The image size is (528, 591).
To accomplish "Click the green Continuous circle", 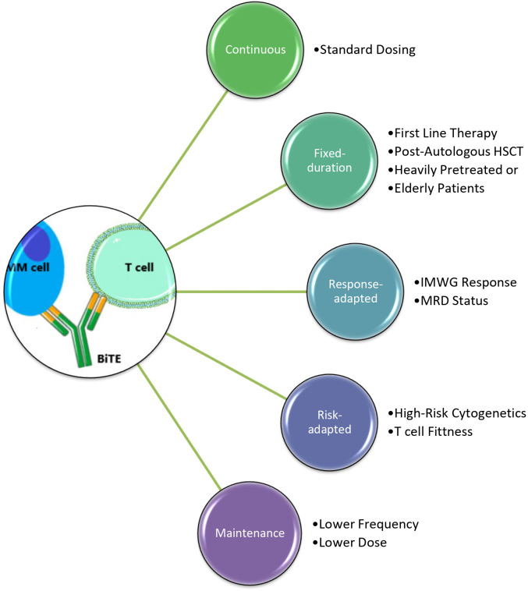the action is (x=255, y=50).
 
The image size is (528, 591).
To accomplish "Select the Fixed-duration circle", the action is (x=329, y=161).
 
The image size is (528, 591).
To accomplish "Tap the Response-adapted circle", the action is (x=356, y=292).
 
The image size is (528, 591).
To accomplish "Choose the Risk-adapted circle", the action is (x=329, y=422).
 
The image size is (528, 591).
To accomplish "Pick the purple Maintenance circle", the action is (x=250, y=533).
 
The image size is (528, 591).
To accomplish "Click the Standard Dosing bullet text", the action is (x=365, y=50).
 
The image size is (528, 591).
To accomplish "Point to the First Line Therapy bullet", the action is (x=443, y=133).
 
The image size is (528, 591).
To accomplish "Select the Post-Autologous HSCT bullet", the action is (x=455, y=151).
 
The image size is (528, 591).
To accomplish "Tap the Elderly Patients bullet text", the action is (x=436, y=188).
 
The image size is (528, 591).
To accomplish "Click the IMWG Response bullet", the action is (x=466, y=282).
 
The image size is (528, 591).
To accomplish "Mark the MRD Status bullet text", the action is (x=451, y=301).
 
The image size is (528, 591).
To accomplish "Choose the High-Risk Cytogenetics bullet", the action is (x=457, y=413).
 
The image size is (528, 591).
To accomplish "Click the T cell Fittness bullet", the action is (x=431, y=432).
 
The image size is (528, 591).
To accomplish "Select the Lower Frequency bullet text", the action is (x=366, y=524).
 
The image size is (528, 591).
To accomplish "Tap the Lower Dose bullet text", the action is (x=349, y=543).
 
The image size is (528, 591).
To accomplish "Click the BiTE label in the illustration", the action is (x=109, y=359).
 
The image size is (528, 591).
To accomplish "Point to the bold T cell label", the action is (x=139, y=267).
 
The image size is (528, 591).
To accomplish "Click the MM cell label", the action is (x=28, y=267).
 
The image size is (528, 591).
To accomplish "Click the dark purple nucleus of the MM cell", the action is (x=36, y=243).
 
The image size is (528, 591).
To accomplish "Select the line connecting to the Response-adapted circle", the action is (x=241, y=292).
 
